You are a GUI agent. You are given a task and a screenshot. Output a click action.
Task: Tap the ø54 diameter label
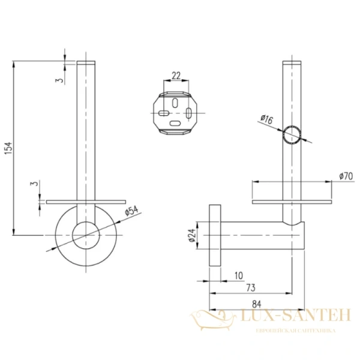pos(132,211)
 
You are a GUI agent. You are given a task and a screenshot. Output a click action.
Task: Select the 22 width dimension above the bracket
pos(176,76)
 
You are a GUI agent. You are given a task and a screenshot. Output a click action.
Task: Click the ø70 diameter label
pos(345,176)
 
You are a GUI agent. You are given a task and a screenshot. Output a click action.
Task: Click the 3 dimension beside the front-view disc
pos(35,184)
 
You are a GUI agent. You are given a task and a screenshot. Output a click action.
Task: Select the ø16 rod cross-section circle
pos(293,136)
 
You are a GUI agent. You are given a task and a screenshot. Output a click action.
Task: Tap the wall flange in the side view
pos(215,233)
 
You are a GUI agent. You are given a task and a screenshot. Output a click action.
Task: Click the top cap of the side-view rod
pos(292,63)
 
